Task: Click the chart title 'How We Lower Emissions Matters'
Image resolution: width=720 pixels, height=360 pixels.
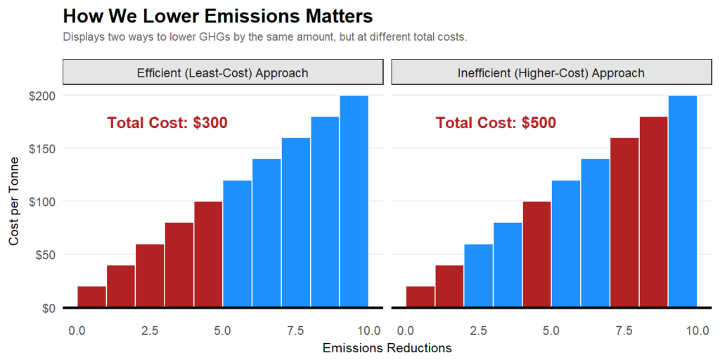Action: click(217, 16)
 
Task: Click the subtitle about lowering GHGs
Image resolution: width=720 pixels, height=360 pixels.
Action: click(264, 37)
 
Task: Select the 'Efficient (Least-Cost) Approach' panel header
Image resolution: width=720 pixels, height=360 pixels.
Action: click(223, 72)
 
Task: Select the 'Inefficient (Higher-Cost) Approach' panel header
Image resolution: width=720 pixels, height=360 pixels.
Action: click(551, 72)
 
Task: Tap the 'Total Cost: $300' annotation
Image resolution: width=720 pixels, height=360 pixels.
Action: click(167, 123)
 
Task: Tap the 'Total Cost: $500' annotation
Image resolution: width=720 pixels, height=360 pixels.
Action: click(496, 123)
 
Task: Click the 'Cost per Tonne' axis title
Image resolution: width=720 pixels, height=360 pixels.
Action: click(15, 202)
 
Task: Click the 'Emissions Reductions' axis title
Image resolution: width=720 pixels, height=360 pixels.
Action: click(387, 348)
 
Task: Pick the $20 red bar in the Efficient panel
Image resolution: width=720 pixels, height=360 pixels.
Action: click(91, 297)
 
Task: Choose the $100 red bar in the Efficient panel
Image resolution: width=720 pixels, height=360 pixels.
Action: click(208, 255)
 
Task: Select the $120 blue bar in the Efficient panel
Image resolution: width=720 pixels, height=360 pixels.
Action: click(237, 244)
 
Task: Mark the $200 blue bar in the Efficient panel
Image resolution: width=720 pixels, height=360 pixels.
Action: click(354, 202)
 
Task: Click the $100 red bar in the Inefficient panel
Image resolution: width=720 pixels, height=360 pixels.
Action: click(536, 255)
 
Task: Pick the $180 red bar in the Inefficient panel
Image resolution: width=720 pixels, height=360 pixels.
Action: click(653, 212)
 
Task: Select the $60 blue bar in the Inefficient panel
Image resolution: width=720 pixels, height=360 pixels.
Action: click(478, 276)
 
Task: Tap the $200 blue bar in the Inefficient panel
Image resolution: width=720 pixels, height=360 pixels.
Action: click(682, 202)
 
